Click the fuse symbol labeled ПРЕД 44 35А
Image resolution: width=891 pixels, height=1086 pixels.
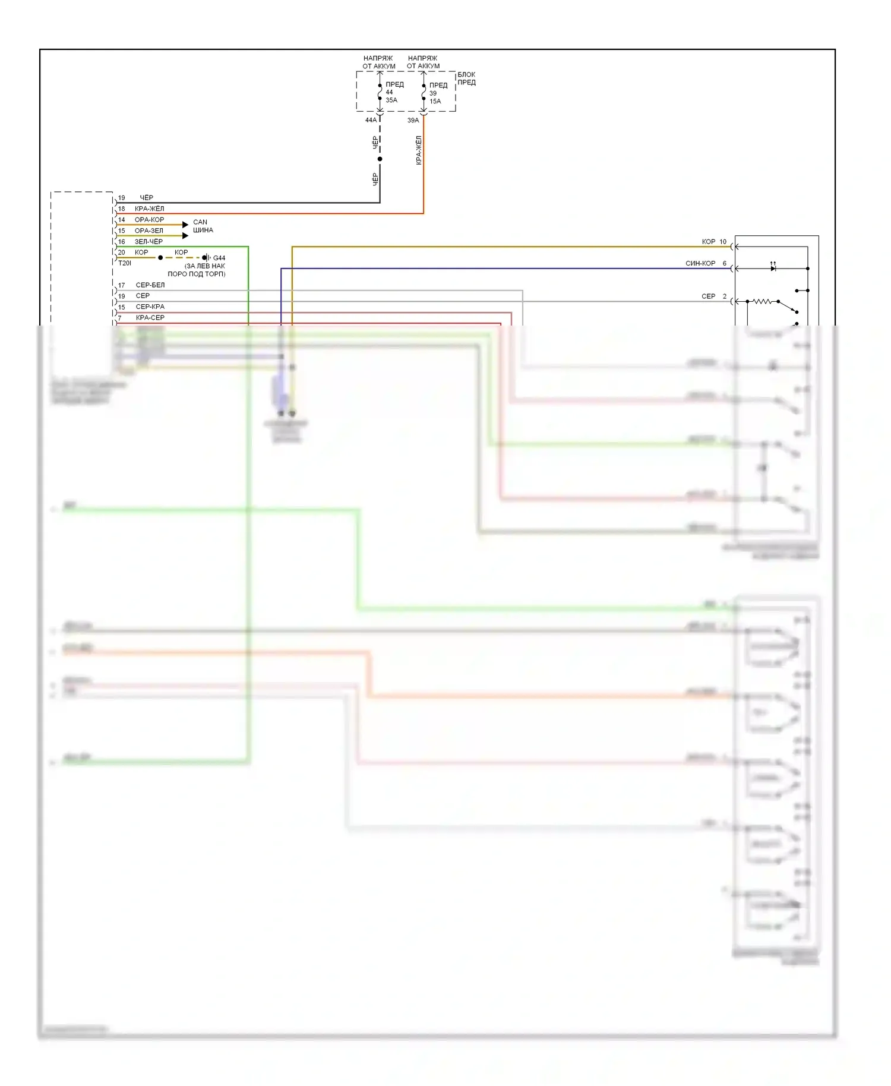pos(380,92)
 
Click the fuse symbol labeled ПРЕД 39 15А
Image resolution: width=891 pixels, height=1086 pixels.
pos(424,93)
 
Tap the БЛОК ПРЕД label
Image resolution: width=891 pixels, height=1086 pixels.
pos(466,78)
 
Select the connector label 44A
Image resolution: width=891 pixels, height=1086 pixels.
pos(371,120)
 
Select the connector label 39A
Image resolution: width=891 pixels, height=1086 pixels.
pos(413,120)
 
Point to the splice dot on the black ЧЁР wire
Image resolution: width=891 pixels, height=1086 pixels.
pos(380,159)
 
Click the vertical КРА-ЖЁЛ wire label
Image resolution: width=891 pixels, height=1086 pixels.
pos(419,150)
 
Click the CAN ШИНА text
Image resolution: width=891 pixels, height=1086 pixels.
pos(203,226)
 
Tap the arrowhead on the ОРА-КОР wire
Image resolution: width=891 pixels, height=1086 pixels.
pos(185,225)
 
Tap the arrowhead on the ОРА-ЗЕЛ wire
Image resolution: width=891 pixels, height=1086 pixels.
pos(185,235)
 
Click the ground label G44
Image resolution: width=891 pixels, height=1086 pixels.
pos(219,258)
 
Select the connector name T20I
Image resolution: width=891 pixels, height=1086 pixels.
pos(125,263)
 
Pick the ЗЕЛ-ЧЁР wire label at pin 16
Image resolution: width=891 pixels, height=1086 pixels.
pos(148,242)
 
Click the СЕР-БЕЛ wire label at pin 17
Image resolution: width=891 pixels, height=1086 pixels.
pos(150,285)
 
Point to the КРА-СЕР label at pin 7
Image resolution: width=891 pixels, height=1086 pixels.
pos(150,318)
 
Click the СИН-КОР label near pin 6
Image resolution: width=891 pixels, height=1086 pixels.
pos(700,263)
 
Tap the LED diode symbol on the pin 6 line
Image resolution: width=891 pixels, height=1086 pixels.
pos(773,268)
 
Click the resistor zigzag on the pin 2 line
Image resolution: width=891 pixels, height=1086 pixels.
pos(762,302)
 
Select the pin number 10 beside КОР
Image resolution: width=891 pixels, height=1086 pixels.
pos(723,242)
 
